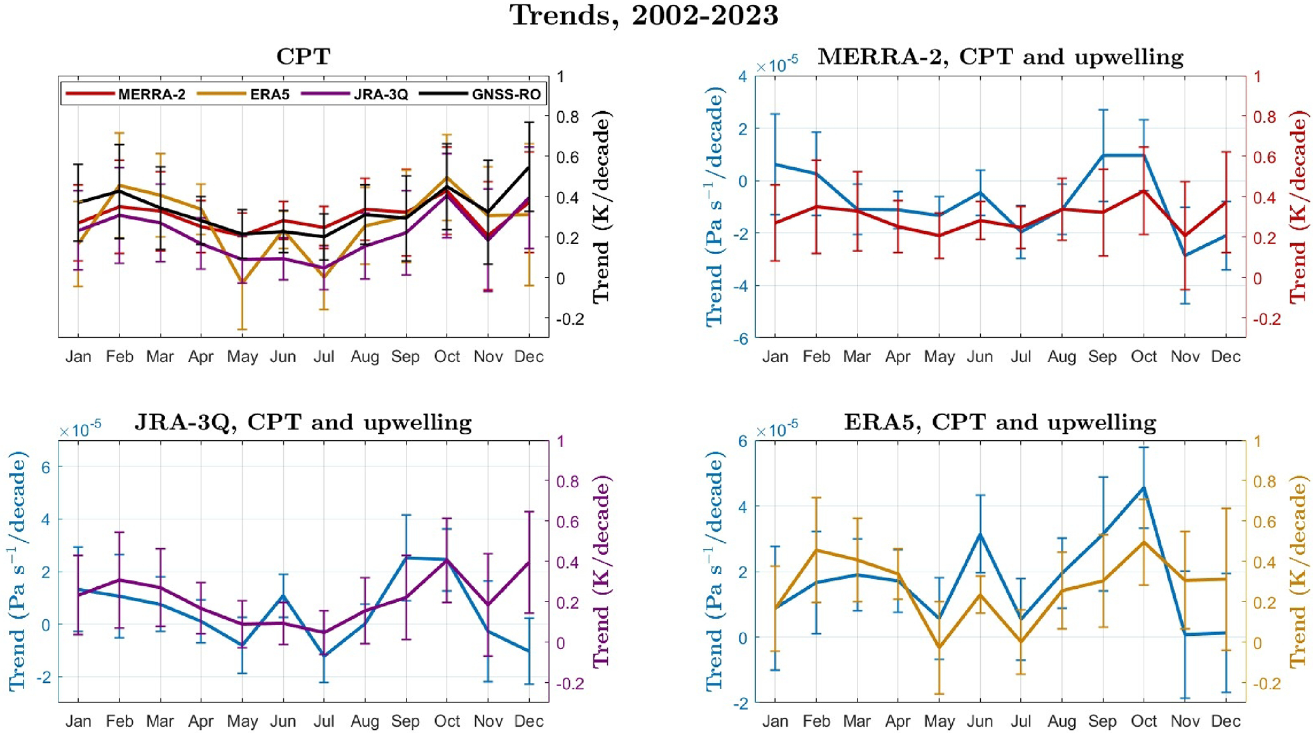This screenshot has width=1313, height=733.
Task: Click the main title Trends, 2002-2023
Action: click(643, 15)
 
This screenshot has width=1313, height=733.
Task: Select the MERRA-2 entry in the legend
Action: click(151, 95)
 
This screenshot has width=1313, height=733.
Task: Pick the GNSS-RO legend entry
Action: click(506, 95)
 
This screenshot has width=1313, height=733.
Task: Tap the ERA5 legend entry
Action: click(269, 95)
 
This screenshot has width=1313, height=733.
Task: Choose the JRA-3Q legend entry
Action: click(380, 95)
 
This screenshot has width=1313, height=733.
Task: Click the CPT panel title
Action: click(303, 57)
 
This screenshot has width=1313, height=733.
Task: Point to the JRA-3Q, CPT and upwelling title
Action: click(303, 422)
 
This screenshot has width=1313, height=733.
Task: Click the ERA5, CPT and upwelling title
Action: click(1000, 422)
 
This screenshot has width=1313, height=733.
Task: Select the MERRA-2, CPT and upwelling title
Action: click(1000, 57)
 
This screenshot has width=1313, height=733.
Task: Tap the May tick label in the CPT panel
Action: click(242, 357)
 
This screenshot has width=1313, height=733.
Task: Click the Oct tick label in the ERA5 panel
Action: click(1143, 722)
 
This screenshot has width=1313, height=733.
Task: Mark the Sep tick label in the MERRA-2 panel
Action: click(1102, 357)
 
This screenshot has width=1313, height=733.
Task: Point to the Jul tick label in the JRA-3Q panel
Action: click(324, 722)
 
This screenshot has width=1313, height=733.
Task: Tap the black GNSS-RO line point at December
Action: click(529, 168)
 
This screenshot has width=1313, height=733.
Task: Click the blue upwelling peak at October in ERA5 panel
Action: click(1143, 488)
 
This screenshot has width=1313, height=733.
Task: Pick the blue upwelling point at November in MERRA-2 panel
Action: click(1185, 255)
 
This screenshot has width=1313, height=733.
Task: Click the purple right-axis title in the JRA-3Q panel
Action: click(601, 572)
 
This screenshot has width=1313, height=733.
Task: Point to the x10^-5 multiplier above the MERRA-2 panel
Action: click(776, 65)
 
